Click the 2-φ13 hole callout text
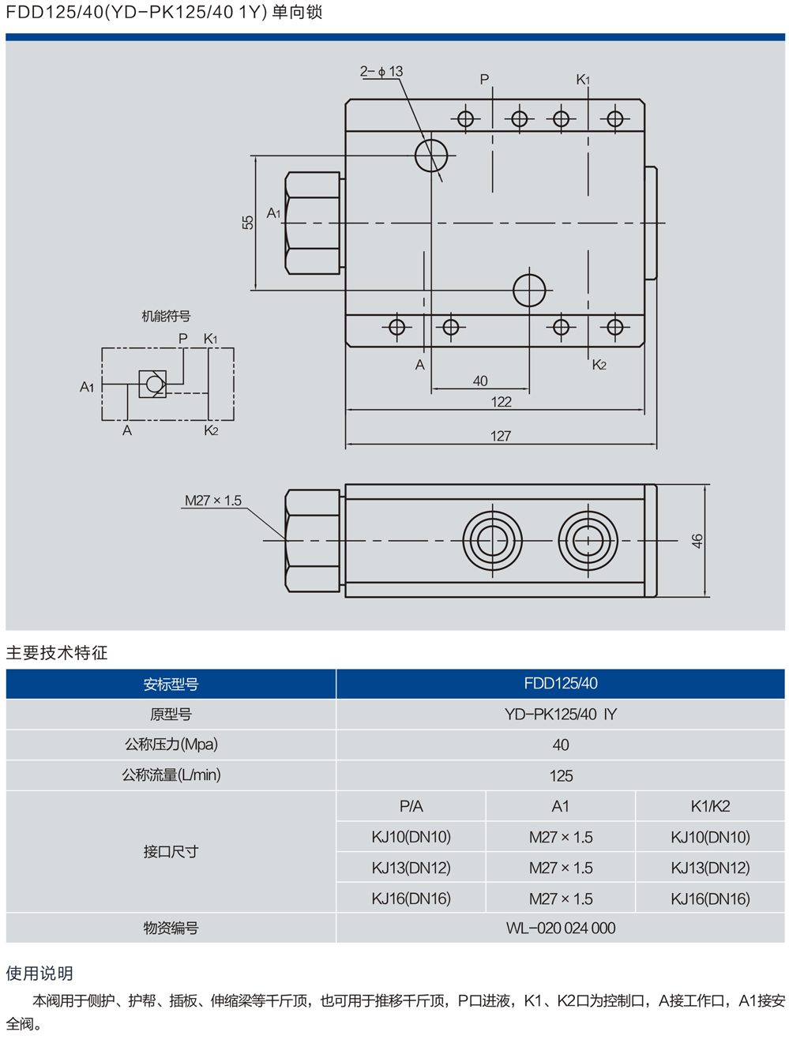[381, 72]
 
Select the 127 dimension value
[500, 436]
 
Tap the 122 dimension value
[501, 402]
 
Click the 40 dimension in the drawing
[480, 381]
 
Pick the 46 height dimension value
[697, 541]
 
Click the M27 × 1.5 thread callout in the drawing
[213, 501]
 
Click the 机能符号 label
[166, 317]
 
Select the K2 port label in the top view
[599, 365]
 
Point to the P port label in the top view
[484, 80]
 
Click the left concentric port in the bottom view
[492, 541]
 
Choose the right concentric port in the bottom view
[588, 541]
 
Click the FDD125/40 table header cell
[560, 684]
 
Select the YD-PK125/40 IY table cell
[560, 715]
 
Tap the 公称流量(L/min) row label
[171, 775]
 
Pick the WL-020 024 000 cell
[560, 929]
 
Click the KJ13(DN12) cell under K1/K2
[710, 868]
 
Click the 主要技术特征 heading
[57, 653]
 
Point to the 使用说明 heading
[39, 974]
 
